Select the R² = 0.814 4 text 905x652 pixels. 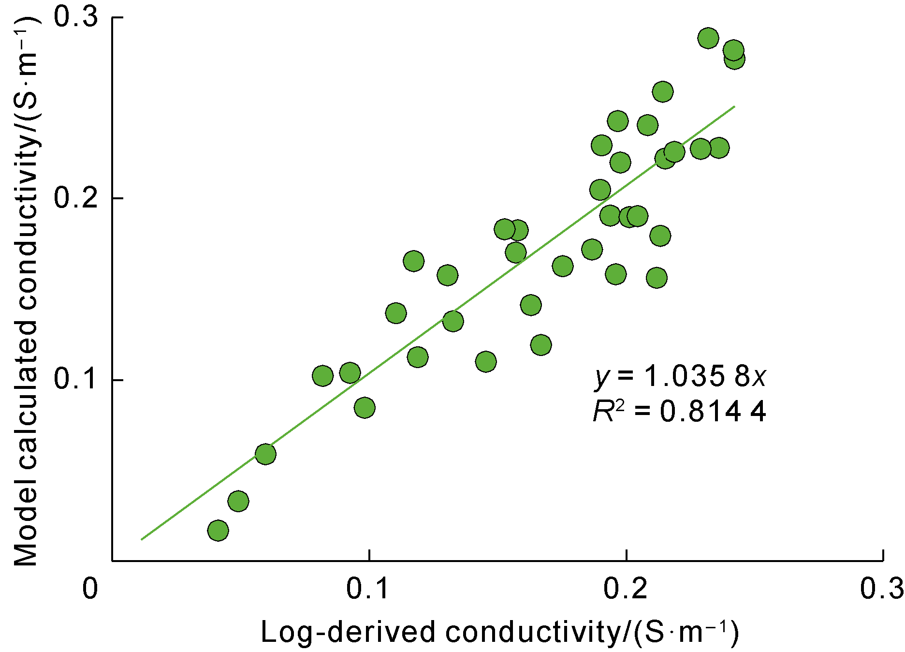(679, 412)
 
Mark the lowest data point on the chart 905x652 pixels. (218, 531)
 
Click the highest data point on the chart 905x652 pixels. (708, 38)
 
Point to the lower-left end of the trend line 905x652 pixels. (141, 539)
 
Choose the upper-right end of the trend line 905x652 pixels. (734, 106)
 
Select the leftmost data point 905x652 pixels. (218, 531)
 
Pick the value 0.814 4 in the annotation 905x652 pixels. (713, 412)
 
